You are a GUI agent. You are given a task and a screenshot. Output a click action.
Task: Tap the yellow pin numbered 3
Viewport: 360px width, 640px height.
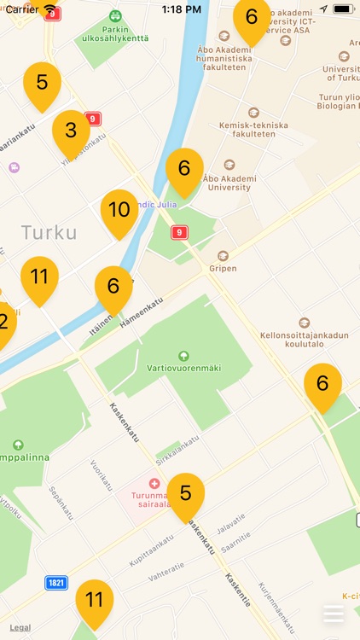click(x=71, y=131)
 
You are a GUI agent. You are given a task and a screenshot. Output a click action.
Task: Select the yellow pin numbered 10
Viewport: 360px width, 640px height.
click(x=119, y=210)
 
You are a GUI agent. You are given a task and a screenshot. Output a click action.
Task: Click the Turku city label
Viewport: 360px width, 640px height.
click(x=49, y=232)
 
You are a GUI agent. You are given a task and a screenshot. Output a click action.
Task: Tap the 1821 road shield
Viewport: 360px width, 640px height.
click(x=56, y=583)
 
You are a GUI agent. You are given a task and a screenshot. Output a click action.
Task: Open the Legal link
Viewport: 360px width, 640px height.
click(x=20, y=627)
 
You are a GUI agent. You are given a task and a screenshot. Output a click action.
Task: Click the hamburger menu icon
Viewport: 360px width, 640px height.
click(x=334, y=614)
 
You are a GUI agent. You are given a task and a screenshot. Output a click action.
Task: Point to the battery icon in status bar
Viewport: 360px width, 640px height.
click(x=343, y=9)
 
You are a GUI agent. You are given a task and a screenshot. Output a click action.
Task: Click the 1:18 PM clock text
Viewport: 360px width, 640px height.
click(x=180, y=9)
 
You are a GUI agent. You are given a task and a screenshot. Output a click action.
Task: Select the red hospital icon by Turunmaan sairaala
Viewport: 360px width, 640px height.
click(x=154, y=483)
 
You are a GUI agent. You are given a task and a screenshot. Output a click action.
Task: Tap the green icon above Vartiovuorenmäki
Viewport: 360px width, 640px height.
click(x=183, y=355)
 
